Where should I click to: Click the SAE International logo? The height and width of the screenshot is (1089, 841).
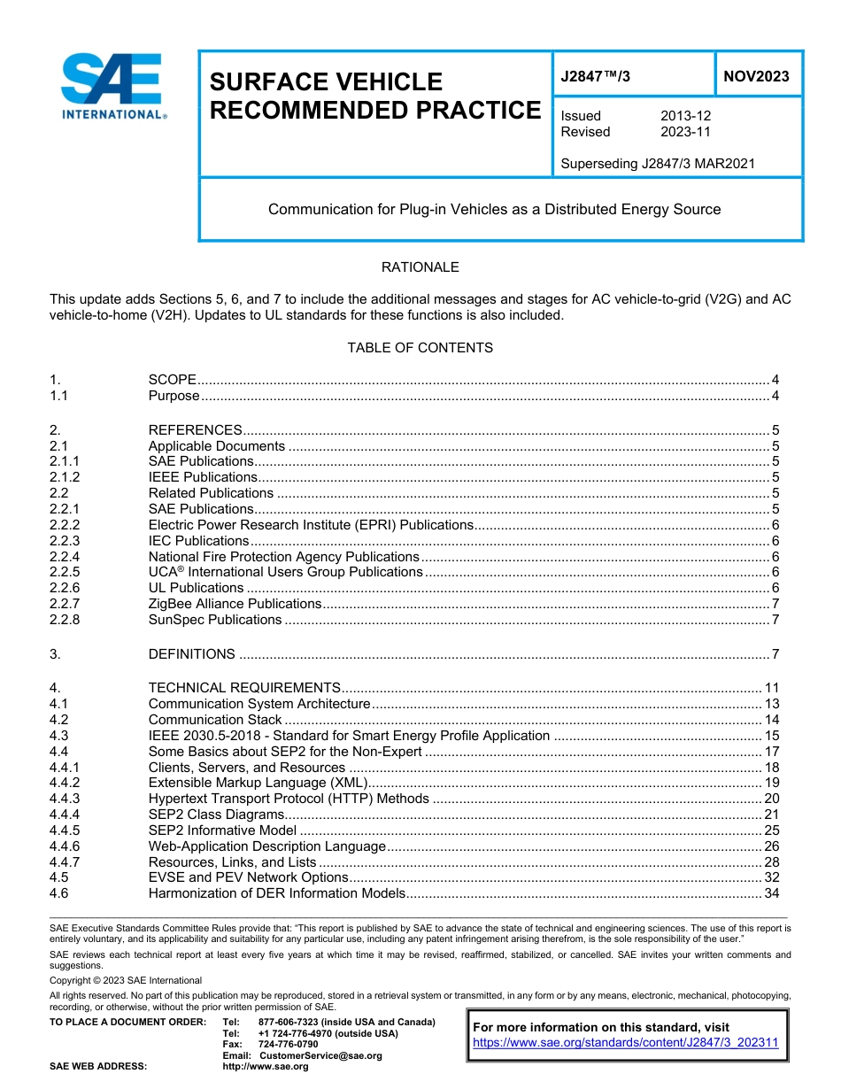coord(112,86)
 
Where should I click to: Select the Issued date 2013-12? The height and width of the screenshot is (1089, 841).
coord(685,116)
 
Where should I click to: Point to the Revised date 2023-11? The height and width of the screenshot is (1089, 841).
coord(685,132)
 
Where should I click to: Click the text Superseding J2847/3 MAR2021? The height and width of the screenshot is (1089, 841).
coord(658,163)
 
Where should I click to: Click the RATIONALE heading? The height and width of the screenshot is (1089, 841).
coord(420,267)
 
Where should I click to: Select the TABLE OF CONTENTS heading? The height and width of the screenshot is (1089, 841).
coord(420,348)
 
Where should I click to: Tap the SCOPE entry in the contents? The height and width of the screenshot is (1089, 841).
coord(173,380)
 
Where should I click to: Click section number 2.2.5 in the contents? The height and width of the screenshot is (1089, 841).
coord(65,572)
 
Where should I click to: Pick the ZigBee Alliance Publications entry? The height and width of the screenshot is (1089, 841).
coord(235,604)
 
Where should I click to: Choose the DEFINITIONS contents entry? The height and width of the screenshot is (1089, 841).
coord(192,654)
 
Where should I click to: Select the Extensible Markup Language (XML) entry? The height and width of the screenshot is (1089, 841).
coord(257,783)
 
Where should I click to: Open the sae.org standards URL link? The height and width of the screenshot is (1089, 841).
coord(625,1043)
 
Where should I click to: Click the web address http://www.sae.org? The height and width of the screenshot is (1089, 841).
coord(265,1067)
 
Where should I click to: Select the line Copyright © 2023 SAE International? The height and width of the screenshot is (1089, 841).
coord(126,980)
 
